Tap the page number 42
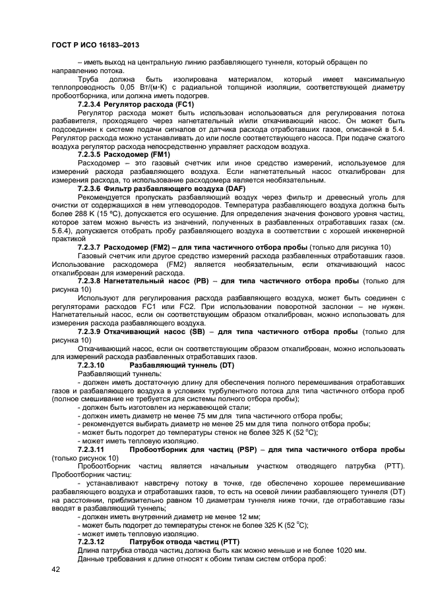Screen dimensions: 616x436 coord(55,570)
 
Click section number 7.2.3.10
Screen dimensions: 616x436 coord(91,364)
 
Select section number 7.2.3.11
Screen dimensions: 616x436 coord(91,449)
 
